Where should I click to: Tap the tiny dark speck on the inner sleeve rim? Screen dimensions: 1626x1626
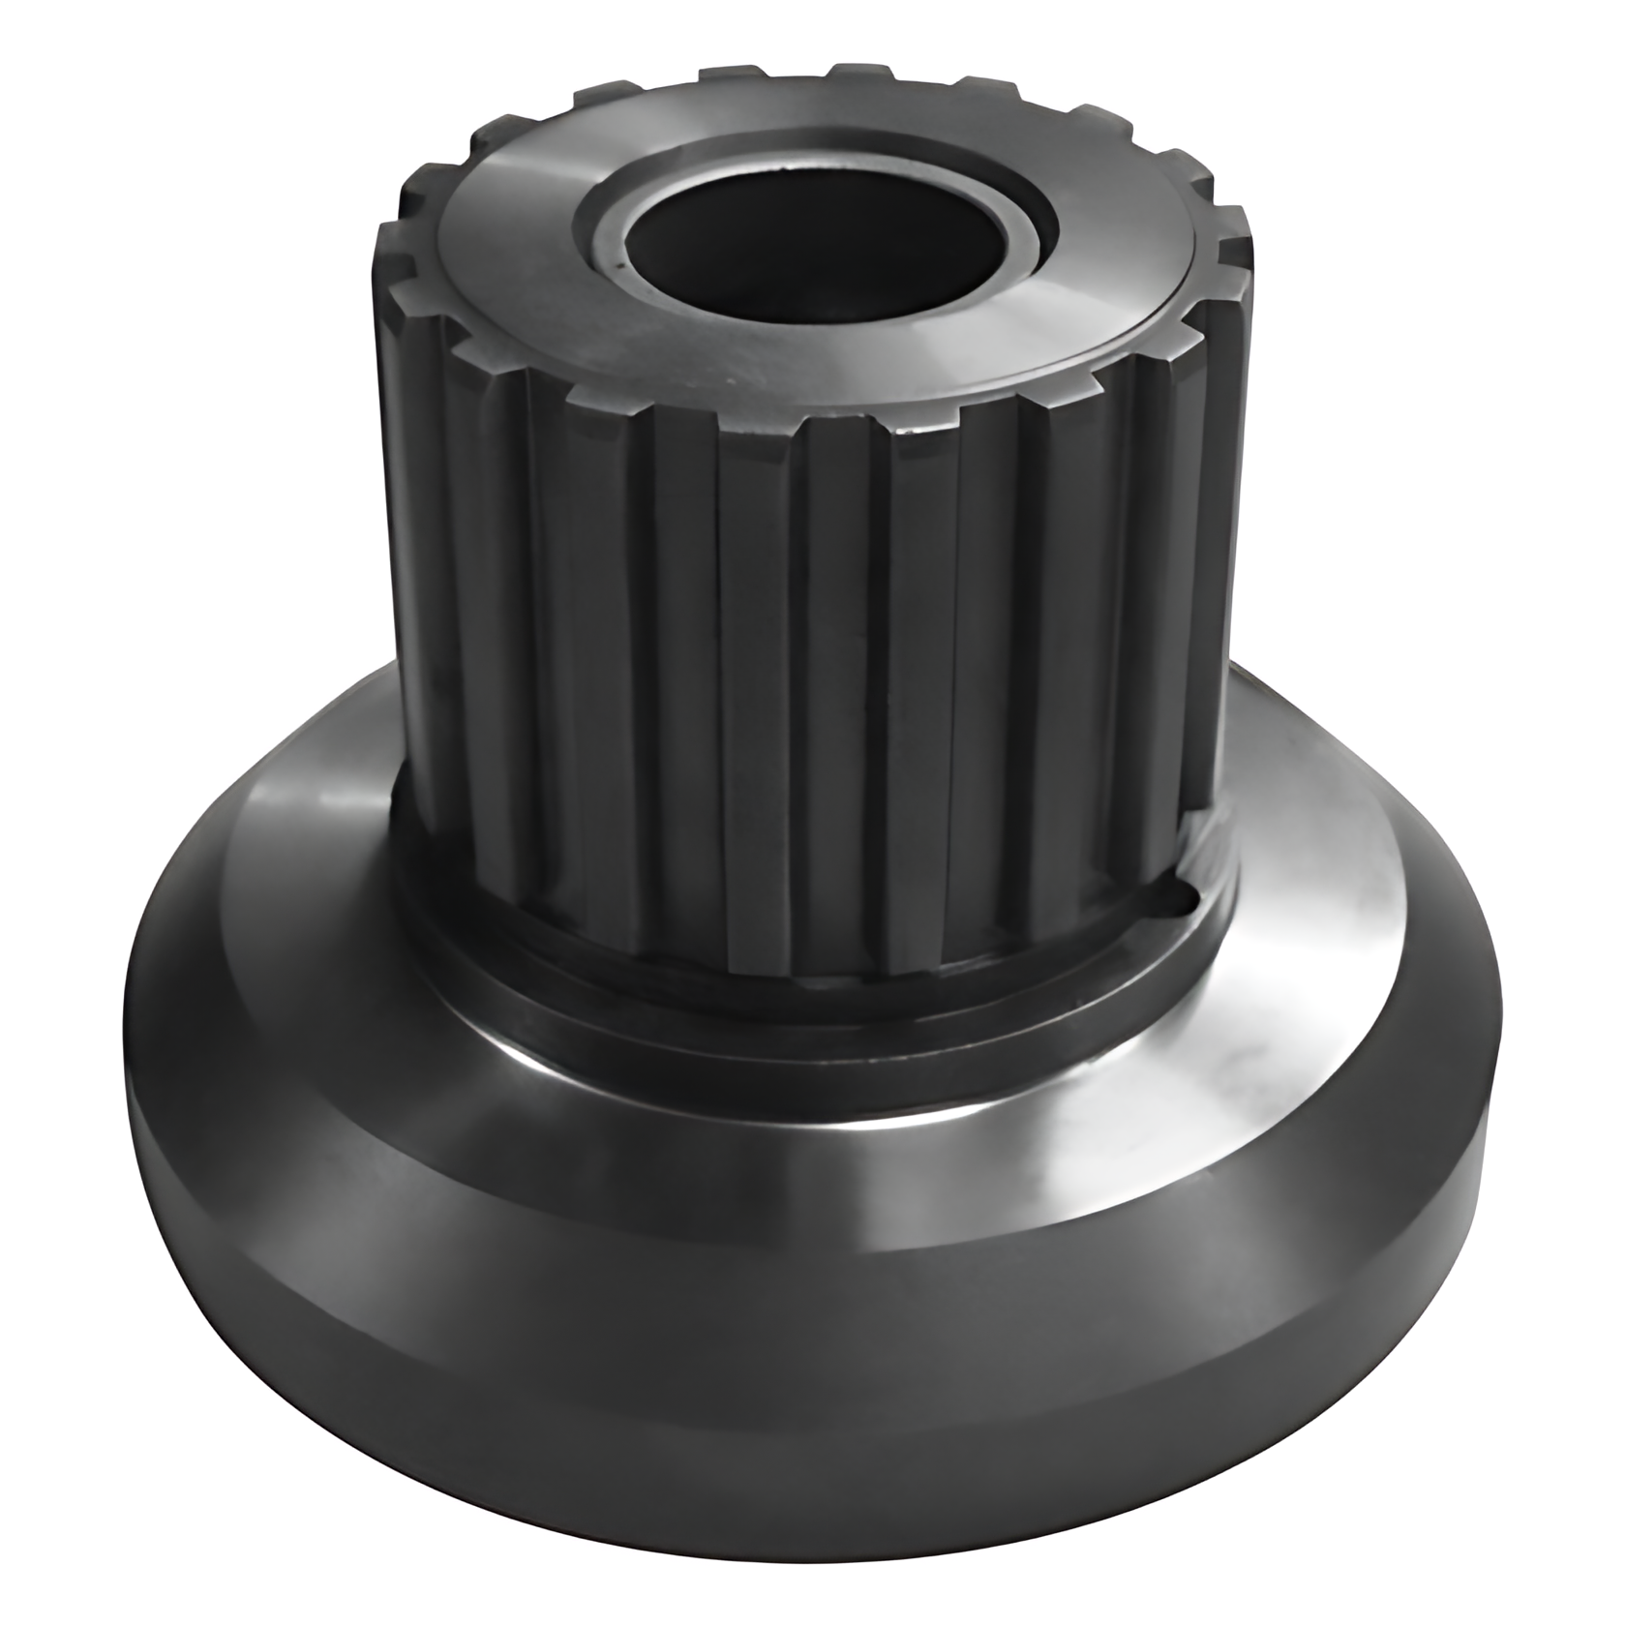click(617, 259)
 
